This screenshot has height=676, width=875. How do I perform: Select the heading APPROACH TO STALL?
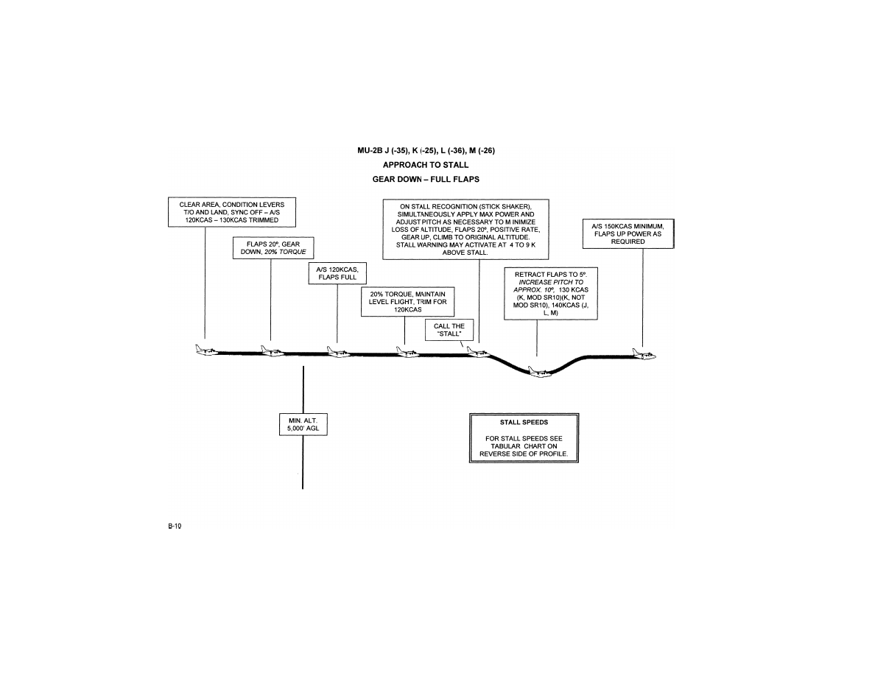[426, 164]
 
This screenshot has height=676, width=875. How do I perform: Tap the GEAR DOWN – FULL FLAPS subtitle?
[426, 178]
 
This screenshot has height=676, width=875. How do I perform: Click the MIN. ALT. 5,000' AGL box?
[303, 426]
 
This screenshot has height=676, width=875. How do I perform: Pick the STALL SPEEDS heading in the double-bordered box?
[524, 422]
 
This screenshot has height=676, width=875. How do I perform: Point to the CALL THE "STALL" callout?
[449, 329]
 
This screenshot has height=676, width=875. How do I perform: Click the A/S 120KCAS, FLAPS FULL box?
[337, 274]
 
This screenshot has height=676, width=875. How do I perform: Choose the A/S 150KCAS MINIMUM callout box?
[628, 233]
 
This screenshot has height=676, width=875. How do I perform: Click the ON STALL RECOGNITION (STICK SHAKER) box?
[465, 228]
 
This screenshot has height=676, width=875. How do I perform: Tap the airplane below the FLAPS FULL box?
[338, 352]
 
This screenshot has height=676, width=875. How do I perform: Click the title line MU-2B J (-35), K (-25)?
[426, 150]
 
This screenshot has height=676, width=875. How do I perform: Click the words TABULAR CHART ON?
[524, 446]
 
